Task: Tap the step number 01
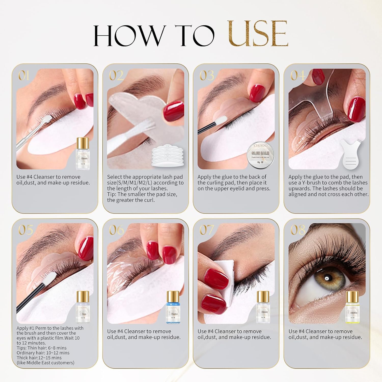(24, 76)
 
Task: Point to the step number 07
(207, 230)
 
